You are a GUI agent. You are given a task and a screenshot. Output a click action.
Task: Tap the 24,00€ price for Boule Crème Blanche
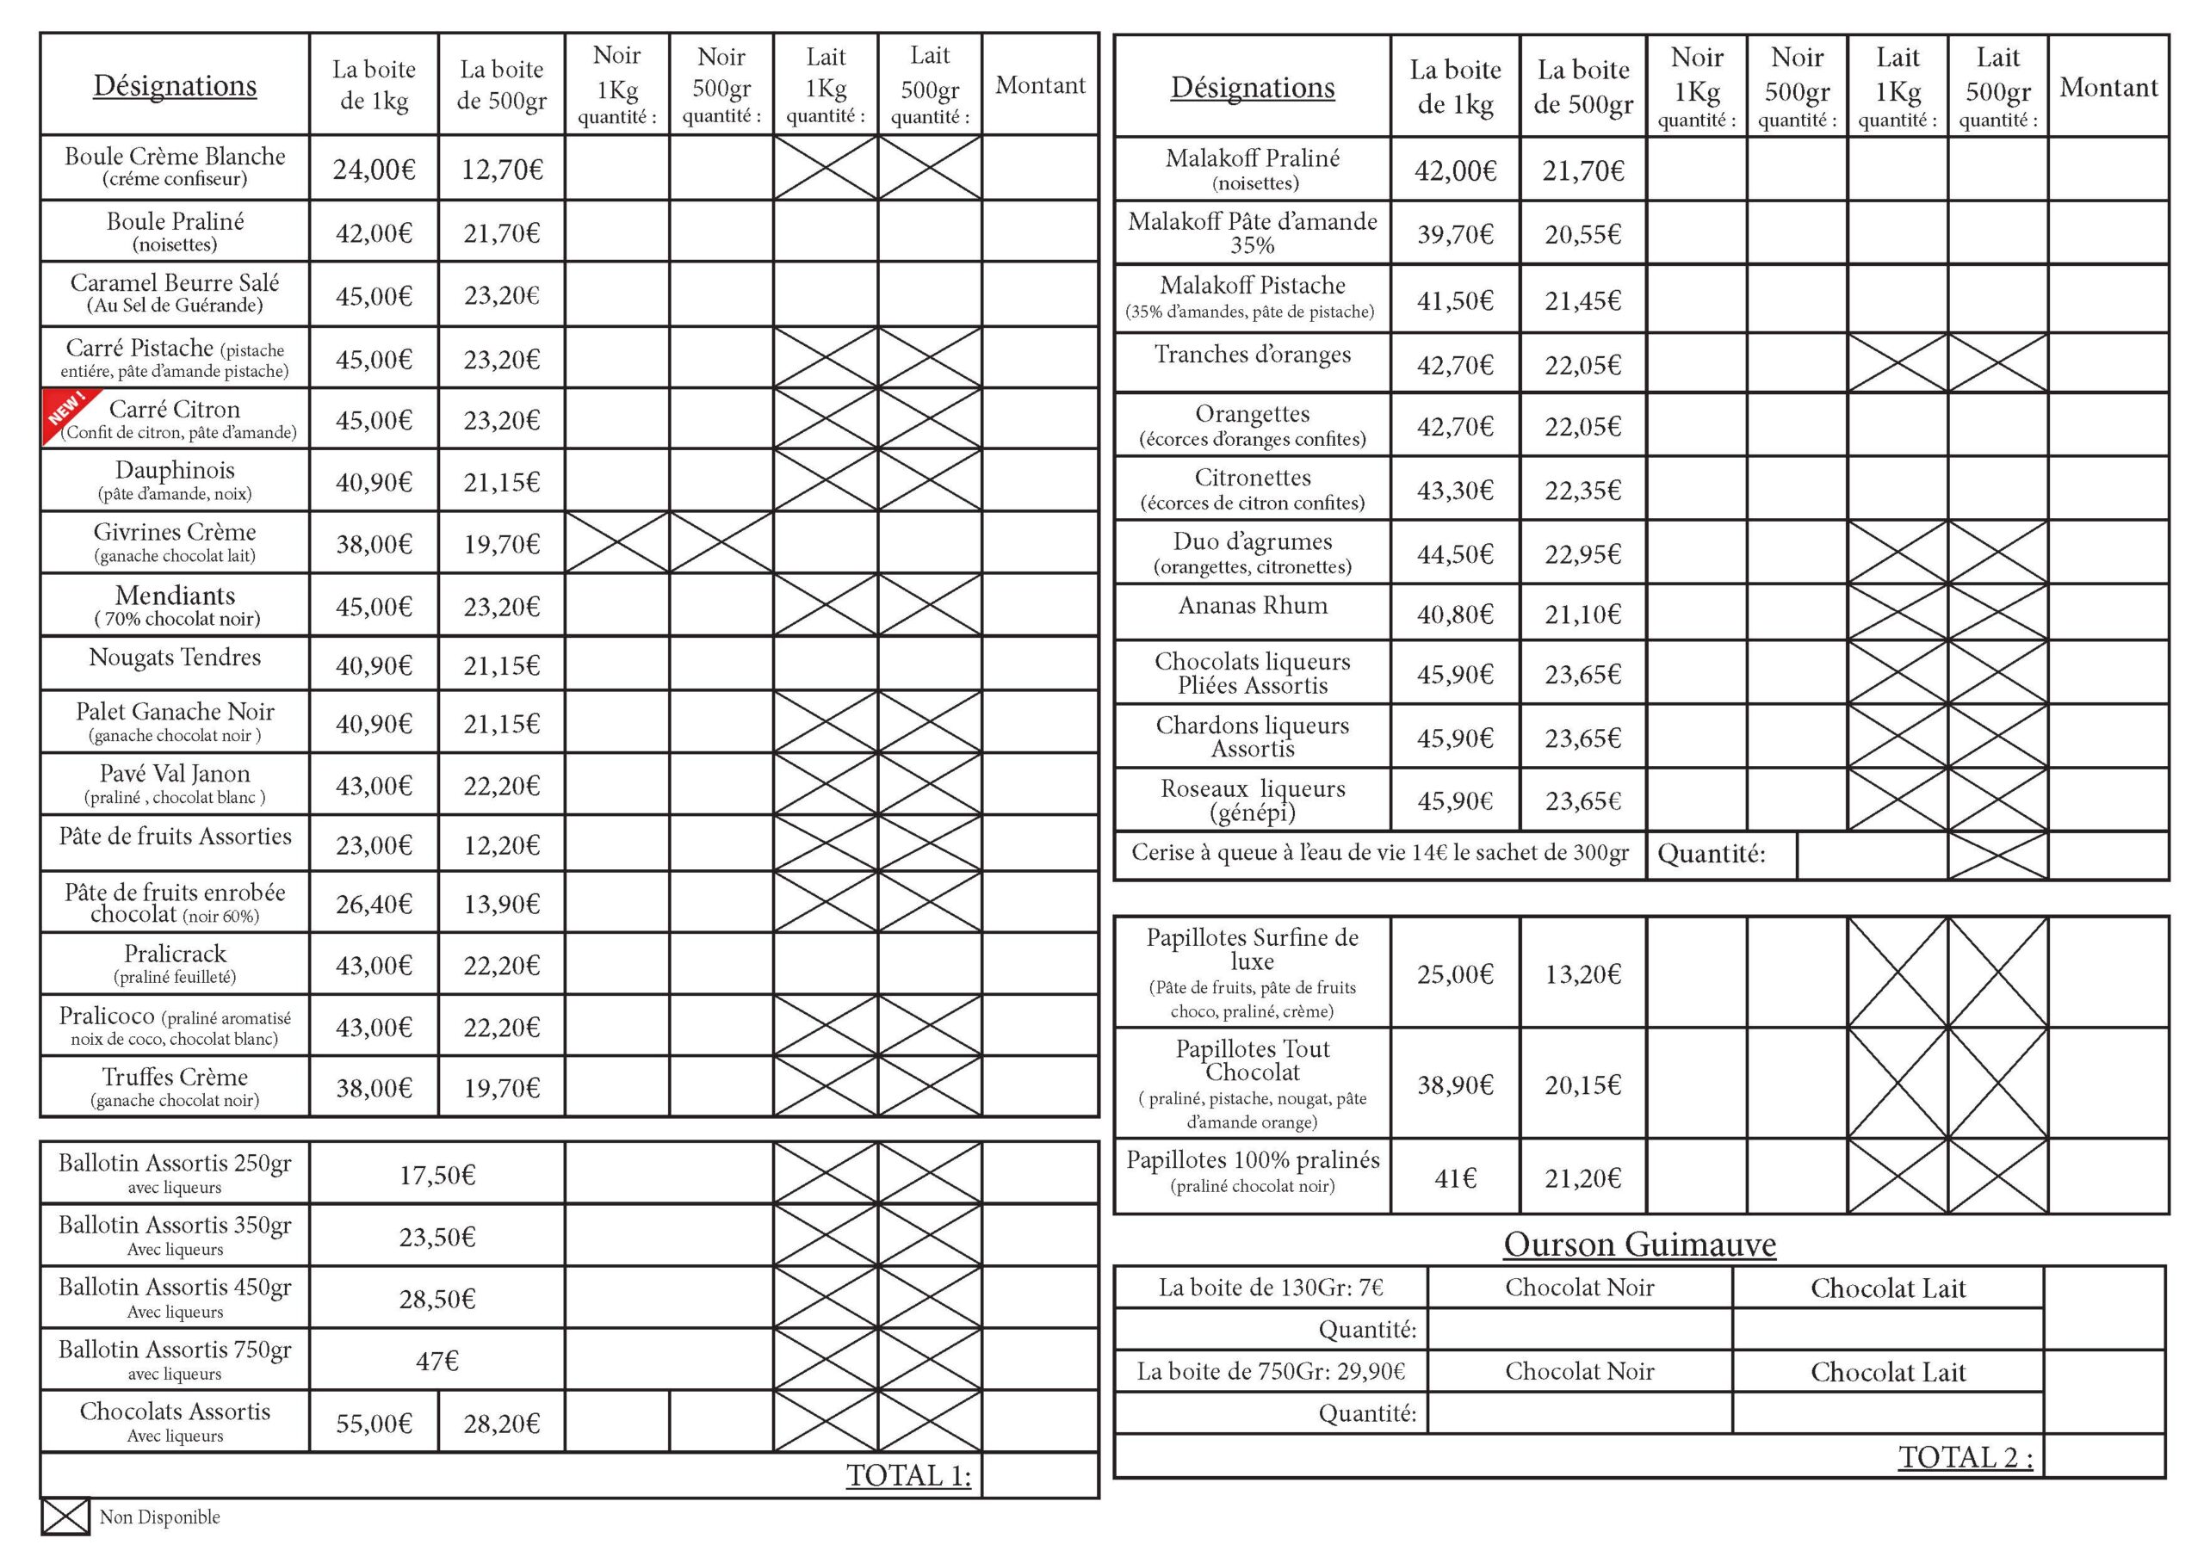pos(374,170)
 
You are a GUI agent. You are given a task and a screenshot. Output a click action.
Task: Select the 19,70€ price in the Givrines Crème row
pos(501,545)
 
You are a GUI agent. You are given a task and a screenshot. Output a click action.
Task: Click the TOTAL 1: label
pos(907,1475)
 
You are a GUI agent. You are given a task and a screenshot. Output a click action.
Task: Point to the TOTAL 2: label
pos(1965,1457)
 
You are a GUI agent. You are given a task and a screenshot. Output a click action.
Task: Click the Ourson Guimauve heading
pos(1639,1245)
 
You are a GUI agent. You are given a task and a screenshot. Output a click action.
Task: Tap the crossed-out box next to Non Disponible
pos(65,1517)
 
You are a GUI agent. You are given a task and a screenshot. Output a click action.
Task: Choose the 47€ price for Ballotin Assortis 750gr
pos(437,1361)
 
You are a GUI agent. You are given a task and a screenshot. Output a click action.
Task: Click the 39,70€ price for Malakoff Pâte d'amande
pos(1454,234)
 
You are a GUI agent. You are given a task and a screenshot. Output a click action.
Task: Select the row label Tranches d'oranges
pos(1252,355)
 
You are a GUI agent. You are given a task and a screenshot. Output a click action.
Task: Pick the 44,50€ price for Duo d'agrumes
pos(1454,554)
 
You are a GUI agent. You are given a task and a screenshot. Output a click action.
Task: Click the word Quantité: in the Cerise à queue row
pos(1711,854)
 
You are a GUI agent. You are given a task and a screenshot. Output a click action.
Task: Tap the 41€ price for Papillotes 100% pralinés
pos(1454,1178)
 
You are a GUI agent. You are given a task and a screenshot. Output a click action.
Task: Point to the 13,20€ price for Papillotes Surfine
pos(1582,974)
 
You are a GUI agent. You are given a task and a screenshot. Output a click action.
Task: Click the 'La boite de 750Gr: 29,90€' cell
pos(1271,1371)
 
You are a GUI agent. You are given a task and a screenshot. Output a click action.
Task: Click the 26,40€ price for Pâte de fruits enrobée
pos(374,904)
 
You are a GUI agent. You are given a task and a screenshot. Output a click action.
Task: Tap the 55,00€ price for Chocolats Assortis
pos(374,1424)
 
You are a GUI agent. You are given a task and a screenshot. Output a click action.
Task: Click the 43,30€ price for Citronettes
pos(1454,491)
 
